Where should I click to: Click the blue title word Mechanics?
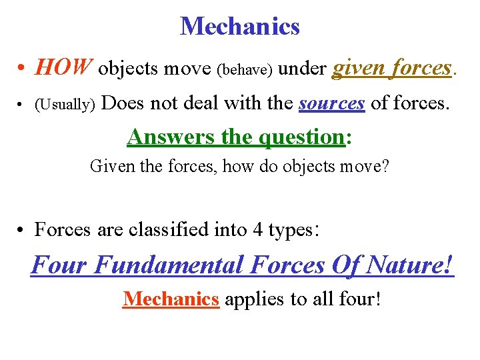click(x=240, y=27)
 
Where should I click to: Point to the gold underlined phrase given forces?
click(x=392, y=68)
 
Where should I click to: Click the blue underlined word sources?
click(x=332, y=103)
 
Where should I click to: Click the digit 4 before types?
click(x=257, y=230)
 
